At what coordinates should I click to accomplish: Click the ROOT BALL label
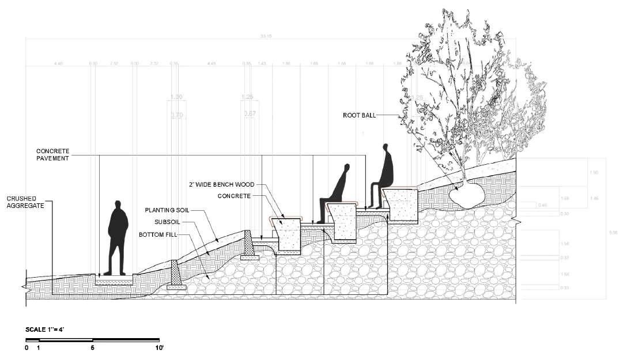[359, 115]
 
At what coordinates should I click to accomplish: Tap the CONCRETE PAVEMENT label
[53, 154]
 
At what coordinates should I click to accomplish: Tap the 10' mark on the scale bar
[159, 348]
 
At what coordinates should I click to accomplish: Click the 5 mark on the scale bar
[93, 348]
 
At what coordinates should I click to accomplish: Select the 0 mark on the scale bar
[27, 348]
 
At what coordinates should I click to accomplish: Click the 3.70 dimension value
[177, 115]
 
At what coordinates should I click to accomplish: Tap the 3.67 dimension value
[250, 113]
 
